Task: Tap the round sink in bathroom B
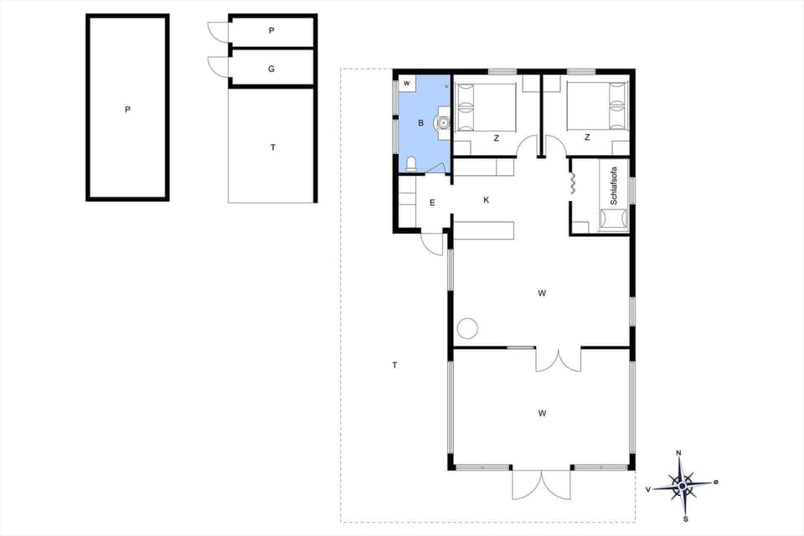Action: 442,123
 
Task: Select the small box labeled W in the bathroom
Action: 406,83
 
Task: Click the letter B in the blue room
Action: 421,123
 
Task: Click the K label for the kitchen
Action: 486,200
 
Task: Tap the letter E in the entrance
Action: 432,203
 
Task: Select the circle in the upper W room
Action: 466,328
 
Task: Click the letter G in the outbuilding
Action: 271,69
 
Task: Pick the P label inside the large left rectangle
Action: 127,109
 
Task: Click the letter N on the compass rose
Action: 678,453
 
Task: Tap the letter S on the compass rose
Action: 685,518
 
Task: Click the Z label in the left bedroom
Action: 497,138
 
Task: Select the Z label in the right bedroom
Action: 587,137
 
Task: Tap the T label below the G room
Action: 272,147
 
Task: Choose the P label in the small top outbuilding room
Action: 271,30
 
